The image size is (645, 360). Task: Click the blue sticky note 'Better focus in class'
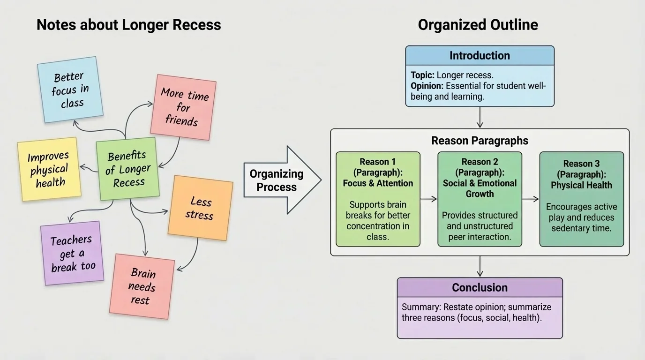pos(70,90)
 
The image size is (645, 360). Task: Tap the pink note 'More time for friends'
pos(183,107)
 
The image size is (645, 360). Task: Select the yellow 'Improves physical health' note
pos(49,169)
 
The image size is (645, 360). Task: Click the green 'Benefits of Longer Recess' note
pos(127,169)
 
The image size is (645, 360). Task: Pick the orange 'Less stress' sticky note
pos(200,208)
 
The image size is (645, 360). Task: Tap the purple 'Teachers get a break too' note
pos(72,253)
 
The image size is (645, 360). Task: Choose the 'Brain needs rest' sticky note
pos(142,286)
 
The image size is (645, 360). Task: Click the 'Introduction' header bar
pos(480,55)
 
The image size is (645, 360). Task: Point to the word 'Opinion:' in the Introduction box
pos(427,86)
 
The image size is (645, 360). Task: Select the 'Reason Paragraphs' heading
pos(480,141)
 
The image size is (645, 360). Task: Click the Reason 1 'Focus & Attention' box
pos(378,199)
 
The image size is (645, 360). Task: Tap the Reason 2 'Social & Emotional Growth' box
pos(480,199)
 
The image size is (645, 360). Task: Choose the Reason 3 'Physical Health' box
pos(581,199)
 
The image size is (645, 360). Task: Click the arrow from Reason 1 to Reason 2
pos(428,199)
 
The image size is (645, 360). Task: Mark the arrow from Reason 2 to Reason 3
pos(530,199)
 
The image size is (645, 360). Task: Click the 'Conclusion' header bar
pos(480,287)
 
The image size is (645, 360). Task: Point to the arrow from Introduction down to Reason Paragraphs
pos(480,118)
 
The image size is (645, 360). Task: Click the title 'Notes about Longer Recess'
pos(128,25)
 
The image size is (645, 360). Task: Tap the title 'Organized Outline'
pos(478,25)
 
